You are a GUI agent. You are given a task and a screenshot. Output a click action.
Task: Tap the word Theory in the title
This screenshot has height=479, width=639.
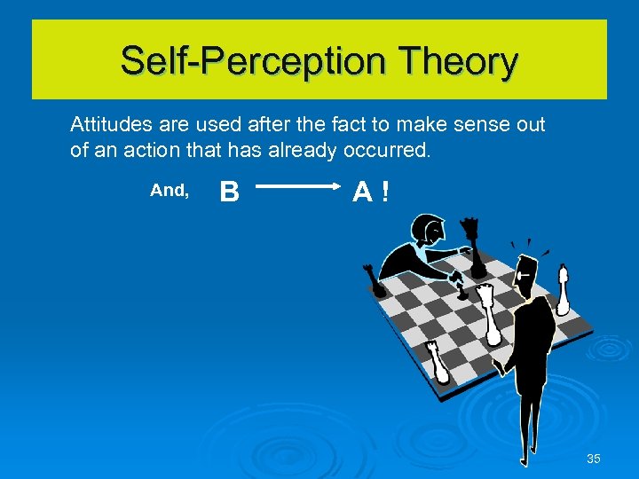(x=459, y=61)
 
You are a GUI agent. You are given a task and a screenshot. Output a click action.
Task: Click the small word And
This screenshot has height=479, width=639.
(x=169, y=190)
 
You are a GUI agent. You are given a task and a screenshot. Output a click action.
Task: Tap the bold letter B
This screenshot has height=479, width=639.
(x=229, y=191)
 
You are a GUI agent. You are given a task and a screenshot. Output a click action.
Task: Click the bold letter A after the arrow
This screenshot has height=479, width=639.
(x=361, y=191)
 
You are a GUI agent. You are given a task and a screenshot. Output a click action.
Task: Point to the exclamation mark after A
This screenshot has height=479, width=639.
(x=383, y=191)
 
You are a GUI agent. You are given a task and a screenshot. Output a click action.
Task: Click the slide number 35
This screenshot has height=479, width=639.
(x=594, y=459)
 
